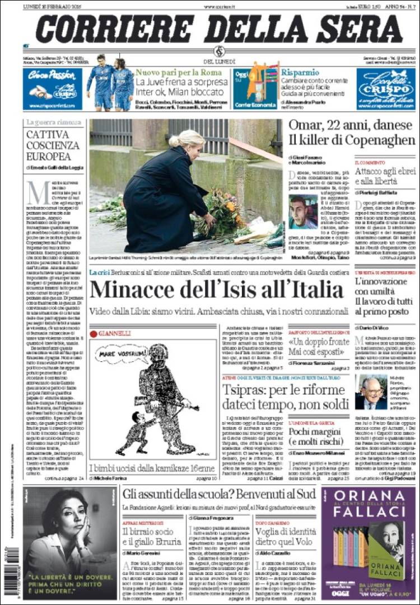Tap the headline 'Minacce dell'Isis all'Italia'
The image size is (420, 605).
(216, 290)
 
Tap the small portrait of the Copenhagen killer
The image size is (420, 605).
(303, 212)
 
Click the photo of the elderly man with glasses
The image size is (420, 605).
(370, 392)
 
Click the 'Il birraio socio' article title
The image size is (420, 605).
(151, 536)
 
